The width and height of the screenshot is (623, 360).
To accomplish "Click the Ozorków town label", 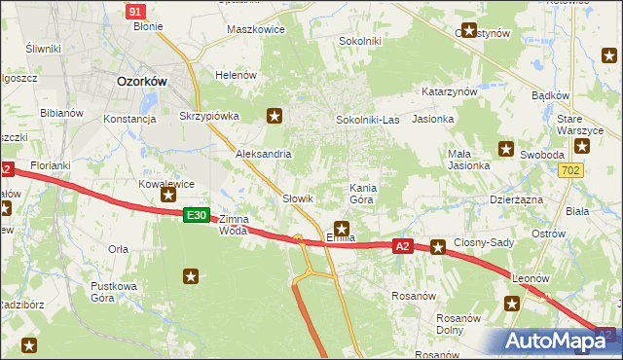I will pos(143,83).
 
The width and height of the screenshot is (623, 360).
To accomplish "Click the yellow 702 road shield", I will pos(573,170).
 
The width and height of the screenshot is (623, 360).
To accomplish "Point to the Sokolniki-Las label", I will pos(367,120).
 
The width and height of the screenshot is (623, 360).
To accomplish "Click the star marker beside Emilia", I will pos(341,227).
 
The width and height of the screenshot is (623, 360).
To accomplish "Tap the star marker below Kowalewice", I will pos(168,196).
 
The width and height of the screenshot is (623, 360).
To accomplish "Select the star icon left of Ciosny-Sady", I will pos(438,247).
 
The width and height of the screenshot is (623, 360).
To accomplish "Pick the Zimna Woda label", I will pos(234,225).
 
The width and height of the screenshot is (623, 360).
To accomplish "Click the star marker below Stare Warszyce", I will pos(582,147).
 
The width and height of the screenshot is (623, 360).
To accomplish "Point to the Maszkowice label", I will pos(255,29).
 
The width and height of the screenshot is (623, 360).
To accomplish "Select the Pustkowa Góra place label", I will pos(114,291).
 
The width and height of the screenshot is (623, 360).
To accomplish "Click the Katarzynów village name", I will pos(449,91).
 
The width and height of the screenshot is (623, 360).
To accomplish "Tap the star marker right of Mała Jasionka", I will pos(506,149).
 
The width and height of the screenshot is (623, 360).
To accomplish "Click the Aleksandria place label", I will pos(263,154).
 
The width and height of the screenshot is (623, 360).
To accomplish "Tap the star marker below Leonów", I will pos(513,304).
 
